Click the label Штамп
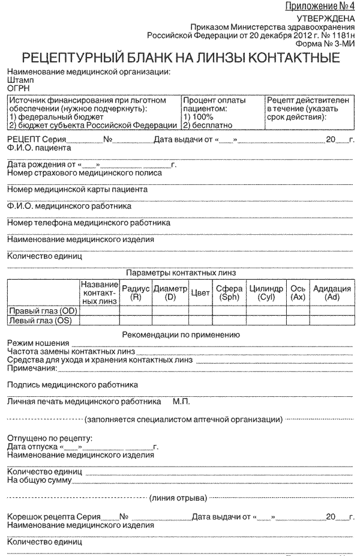[20, 80]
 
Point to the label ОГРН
[19, 88]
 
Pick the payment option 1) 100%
[198, 117]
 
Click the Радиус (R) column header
[136, 292]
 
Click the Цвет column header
[200, 292]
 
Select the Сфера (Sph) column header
[229, 292]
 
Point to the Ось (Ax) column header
[298, 292]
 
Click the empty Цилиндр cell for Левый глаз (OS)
[266, 321]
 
